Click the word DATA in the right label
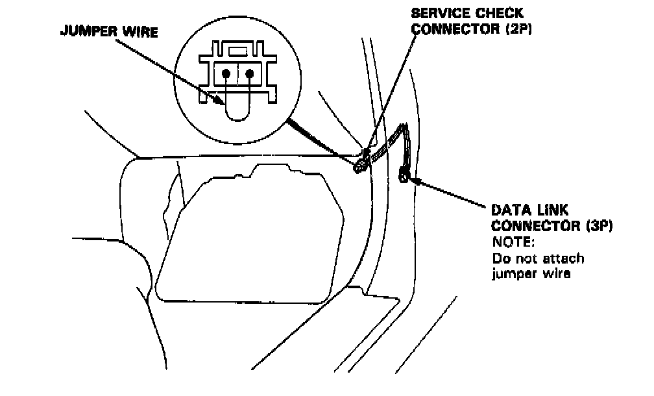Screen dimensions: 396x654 pyautogui.click(x=508, y=210)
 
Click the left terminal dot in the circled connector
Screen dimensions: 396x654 pyautogui.click(x=226, y=73)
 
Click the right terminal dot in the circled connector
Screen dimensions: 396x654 pyautogui.click(x=250, y=73)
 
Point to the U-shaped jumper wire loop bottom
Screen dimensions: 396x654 pyautogui.click(x=237, y=119)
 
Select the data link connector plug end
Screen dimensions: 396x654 pyautogui.click(x=404, y=173)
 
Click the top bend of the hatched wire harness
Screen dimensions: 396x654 pyautogui.click(x=404, y=128)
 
